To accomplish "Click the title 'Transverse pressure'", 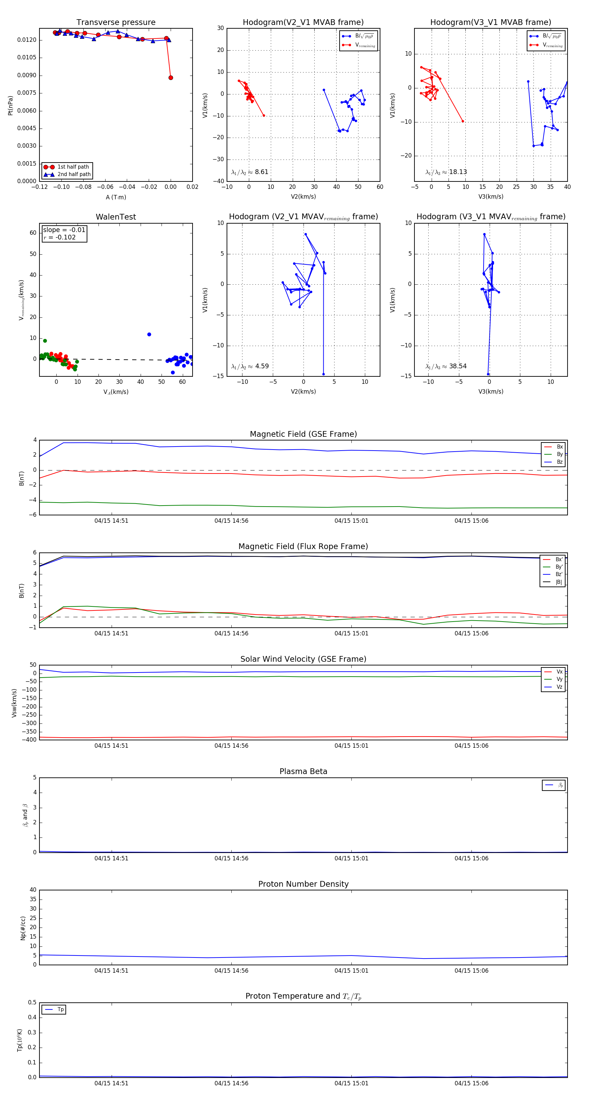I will (x=116, y=23).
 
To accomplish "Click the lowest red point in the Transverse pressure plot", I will (x=171, y=78).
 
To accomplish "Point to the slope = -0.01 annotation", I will (x=64, y=230).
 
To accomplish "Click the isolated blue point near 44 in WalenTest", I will (x=149, y=335).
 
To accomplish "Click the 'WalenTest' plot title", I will (x=116, y=217).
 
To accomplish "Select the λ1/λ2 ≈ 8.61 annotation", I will (x=250, y=172).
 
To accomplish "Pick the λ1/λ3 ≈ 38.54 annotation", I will (x=446, y=366).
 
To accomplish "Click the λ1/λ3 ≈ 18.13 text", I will (x=446, y=172).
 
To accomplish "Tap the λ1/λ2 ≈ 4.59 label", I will (x=250, y=366).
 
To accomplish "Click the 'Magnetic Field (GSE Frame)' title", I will (x=303, y=434).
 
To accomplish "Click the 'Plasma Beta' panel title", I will (x=303, y=772).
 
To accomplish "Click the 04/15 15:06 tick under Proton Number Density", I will (x=471, y=971).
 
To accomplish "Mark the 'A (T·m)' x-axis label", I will (x=116, y=197).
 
